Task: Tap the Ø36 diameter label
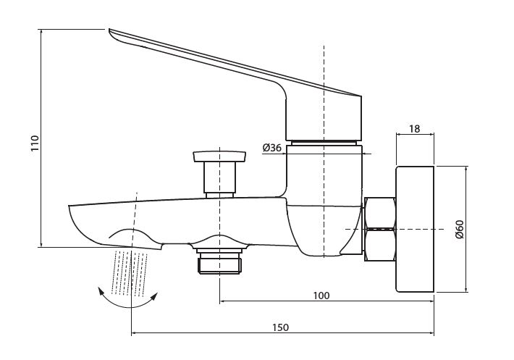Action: [271, 148]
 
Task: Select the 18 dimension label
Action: [415, 128]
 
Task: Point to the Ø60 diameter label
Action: [459, 229]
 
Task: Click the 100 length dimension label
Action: [322, 295]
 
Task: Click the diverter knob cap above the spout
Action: [218, 156]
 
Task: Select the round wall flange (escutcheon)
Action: [415, 229]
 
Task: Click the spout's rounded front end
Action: [75, 221]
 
